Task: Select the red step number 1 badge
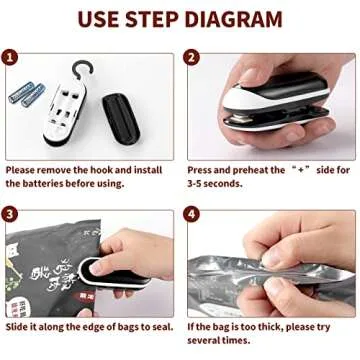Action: click(13, 59)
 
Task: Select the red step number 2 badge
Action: click(193, 59)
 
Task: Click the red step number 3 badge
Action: click(13, 214)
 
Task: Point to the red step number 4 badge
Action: click(193, 214)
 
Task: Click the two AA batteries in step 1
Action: click(28, 95)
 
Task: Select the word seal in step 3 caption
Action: click(164, 326)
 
